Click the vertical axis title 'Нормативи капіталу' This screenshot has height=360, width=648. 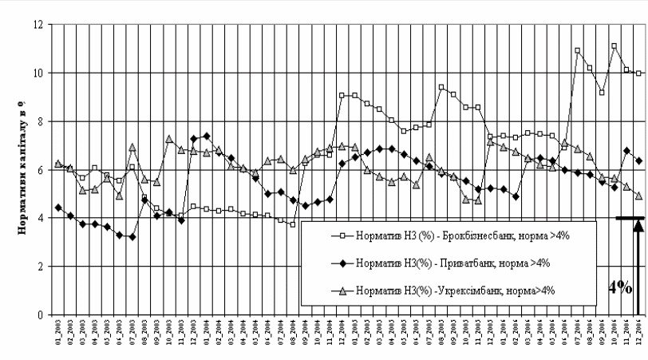[x=14, y=168]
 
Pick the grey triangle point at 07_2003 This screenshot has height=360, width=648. [x=132, y=147]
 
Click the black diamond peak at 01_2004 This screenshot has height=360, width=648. [x=207, y=136]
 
